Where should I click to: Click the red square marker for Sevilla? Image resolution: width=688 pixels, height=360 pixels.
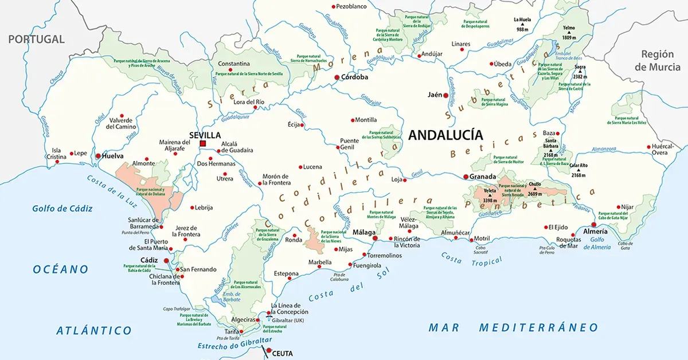point(202,143)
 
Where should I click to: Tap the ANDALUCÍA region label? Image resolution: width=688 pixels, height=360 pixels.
point(445,135)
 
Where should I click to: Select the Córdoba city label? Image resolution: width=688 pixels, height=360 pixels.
point(354,77)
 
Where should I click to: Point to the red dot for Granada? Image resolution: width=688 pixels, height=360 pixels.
point(466,177)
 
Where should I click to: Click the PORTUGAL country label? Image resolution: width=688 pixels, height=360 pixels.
point(36,40)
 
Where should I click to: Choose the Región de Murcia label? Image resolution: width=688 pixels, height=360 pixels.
point(657,60)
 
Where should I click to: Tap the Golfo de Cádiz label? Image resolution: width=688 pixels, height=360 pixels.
point(62,209)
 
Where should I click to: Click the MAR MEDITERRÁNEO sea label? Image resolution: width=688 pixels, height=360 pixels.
point(513,327)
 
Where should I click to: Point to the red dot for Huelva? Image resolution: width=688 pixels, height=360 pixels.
point(98,156)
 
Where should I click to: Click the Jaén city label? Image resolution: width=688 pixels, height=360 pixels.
point(434,95)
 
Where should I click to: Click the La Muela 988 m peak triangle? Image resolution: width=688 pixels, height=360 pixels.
point(522,24)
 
